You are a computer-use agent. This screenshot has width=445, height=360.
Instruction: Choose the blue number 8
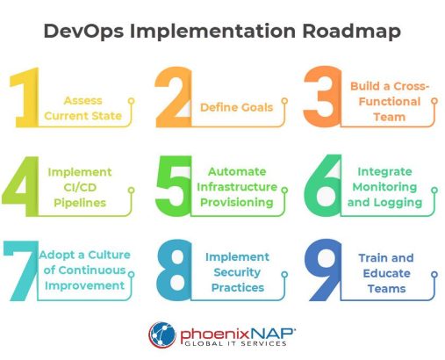(175, 270)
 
